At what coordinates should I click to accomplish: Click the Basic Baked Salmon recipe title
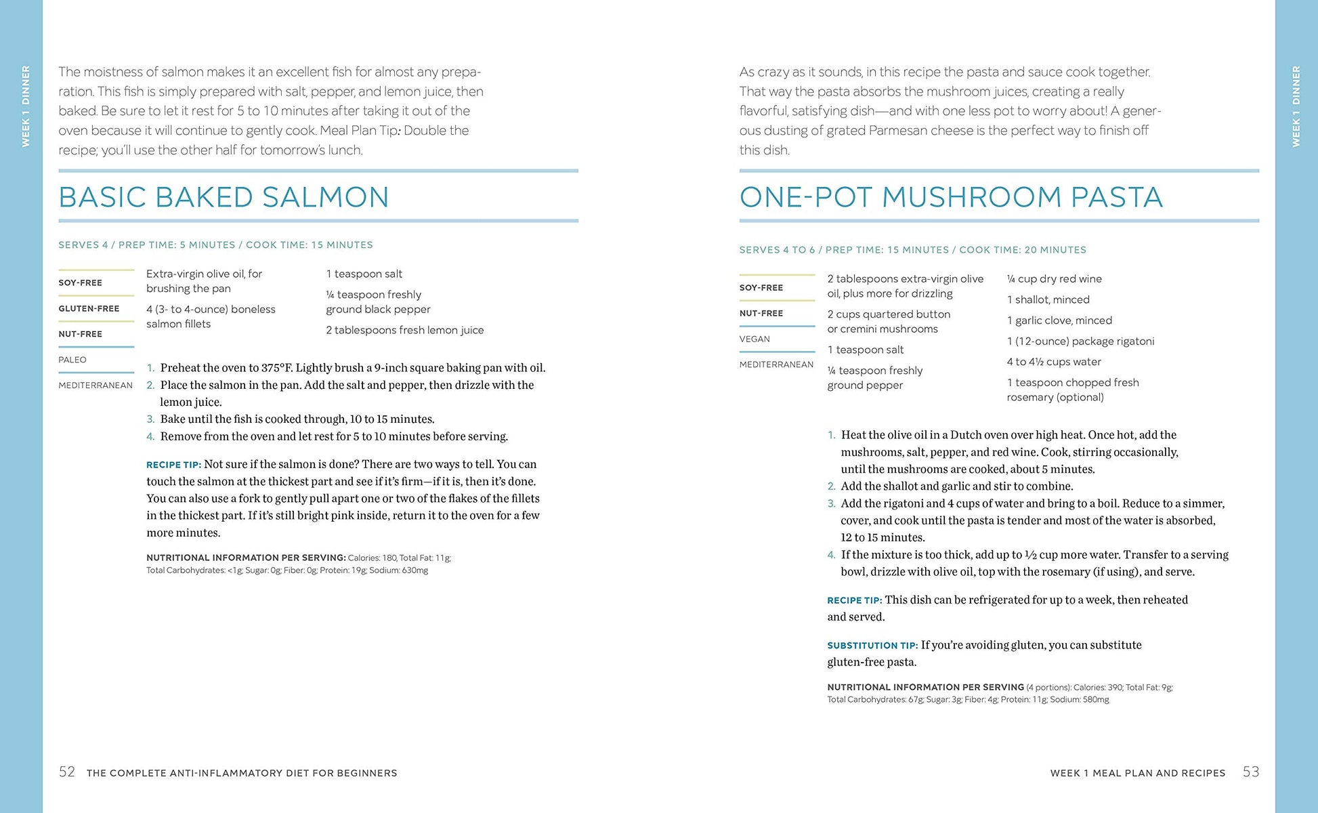coord(224,197)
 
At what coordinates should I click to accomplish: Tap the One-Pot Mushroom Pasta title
coord(951,197)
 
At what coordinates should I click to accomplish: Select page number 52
coord(67,772)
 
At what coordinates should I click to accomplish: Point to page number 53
coord(1251,772)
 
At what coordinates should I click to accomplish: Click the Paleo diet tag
coord(72,360)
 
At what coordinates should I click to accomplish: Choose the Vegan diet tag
coord(754,339)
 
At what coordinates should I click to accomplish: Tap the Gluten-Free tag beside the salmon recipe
coord(89,308)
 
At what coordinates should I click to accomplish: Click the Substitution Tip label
coord(872,646)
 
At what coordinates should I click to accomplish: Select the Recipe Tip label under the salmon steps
coord(173,465)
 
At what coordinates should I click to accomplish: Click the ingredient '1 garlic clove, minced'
coord(1059,320)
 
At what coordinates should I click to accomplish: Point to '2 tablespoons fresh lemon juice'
coord(404,330)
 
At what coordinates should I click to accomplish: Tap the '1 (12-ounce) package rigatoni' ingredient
coord(1080,341)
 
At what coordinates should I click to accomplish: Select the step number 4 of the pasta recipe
coord(831,555)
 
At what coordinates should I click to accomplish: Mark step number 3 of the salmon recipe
coord(150,419)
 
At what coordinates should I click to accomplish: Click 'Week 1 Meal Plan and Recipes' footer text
coord(1137,773)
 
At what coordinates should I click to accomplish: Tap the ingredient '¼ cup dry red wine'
coord(1054,278)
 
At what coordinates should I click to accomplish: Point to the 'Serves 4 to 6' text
coord(777,250)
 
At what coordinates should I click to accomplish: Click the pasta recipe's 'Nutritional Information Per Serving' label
coord(925,687)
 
